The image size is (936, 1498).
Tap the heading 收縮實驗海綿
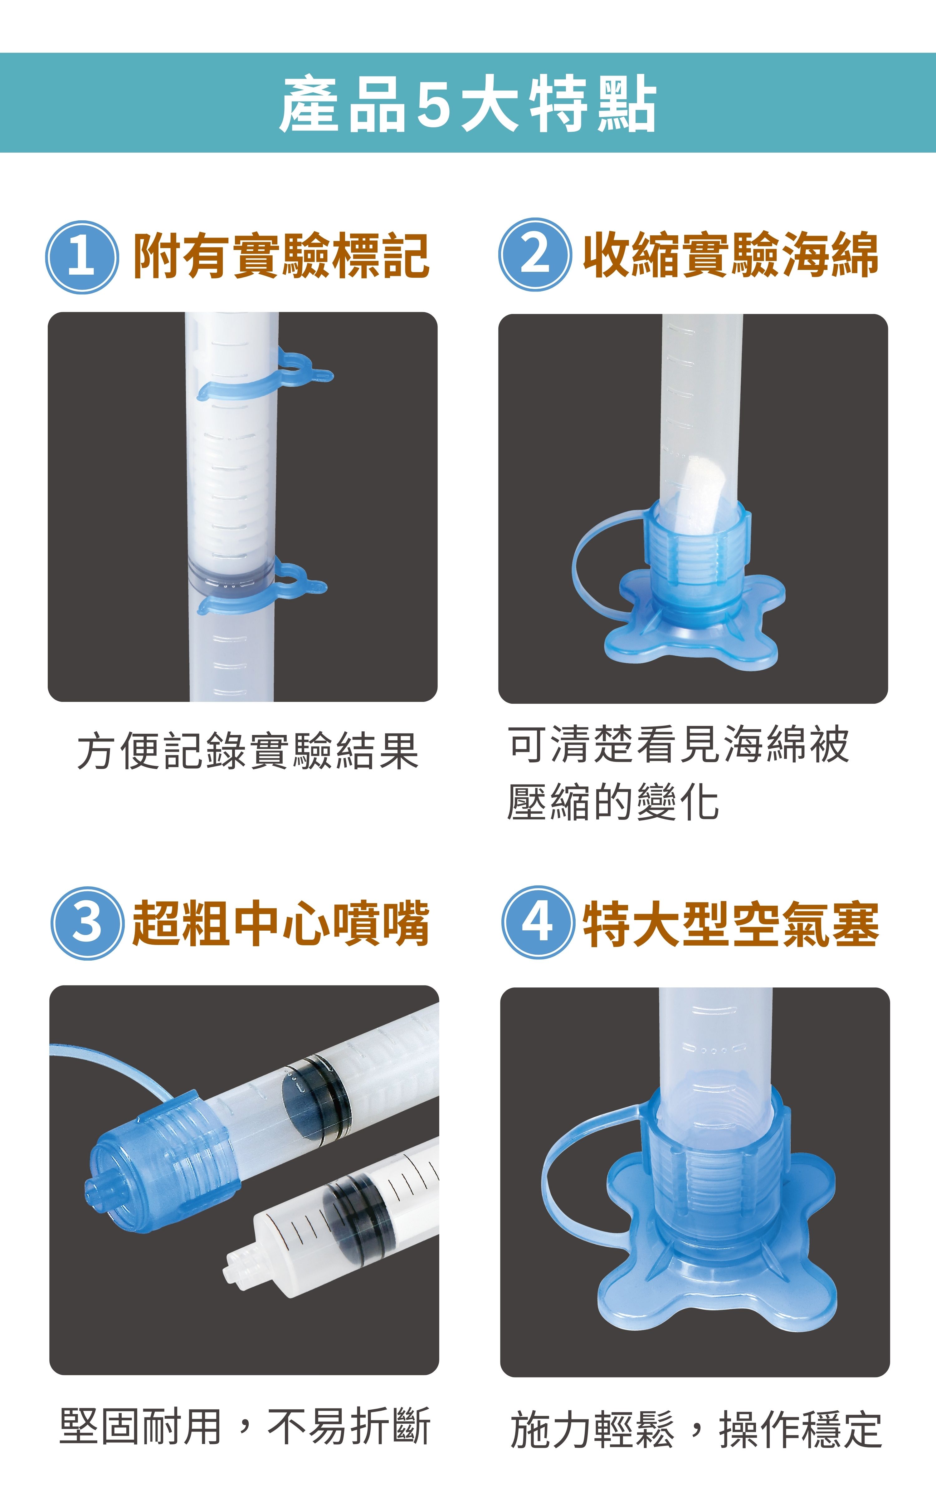[731, 254]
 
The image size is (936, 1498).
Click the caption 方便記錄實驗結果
[248, 751]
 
